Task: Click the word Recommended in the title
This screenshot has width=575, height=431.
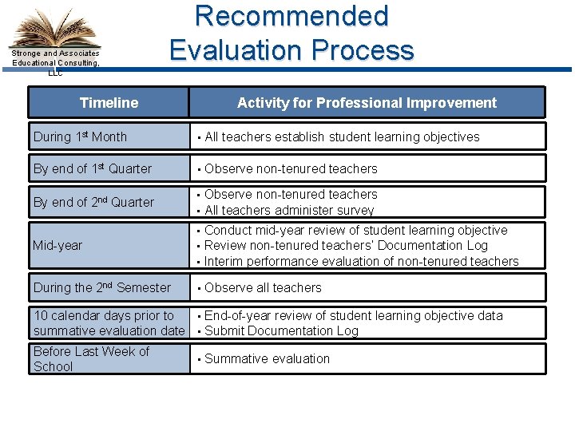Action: [x=291, y=16]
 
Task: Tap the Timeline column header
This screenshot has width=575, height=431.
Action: [x=109, y=102]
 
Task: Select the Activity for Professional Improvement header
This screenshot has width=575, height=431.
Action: [x=367, y=102]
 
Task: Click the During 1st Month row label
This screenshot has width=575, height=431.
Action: [x=80, y=136]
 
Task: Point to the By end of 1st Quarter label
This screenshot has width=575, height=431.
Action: [x=93, y=168]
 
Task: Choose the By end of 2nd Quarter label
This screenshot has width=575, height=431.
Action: [x=93, y=202]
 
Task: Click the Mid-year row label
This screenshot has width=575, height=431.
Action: [x=57, y=246]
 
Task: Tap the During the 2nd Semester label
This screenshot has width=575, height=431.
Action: [x=102, y=287]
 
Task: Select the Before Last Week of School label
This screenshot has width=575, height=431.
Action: [x=91, y=358]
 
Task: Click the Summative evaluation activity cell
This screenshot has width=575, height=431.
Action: [x=267, y=358]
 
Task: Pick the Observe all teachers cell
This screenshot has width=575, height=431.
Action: [x=263, y=287]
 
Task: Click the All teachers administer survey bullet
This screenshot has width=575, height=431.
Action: [x=289, y=210]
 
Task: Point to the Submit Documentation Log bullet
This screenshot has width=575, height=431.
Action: [x=281, y=330]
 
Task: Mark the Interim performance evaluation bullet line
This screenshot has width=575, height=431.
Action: [x=361, y=261]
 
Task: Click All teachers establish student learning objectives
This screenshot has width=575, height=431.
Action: [x=342, y=136]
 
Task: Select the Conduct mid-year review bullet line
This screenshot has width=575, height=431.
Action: [x=355, y=231]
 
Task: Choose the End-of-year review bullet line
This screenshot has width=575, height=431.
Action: [x=353, y=315]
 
